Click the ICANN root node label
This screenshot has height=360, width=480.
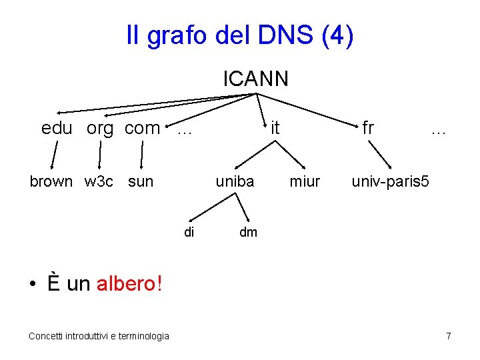tap(255, 79)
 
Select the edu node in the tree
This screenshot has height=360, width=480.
tap(57, 128)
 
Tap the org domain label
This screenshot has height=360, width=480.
tap(100, 129)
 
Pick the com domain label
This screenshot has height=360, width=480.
tap(142, 128)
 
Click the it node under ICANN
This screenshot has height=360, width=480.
tap(275, 127)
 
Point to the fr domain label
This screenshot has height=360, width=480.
tap(368, 127)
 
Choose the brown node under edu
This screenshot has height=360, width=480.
tap(51, 181)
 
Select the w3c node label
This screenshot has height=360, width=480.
tap(99, 181)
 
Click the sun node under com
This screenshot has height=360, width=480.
tap(141, 181)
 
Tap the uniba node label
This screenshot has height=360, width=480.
tap(235, 181)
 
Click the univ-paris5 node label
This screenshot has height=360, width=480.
tap(391, 181)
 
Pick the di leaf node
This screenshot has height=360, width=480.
tap(189, 232)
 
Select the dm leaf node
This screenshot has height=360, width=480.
tap(248, 232)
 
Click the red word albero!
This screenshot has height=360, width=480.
tap(129, 284)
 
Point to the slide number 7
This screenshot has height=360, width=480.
tap(449, 336)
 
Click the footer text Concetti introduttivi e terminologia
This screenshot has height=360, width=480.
tap(99, 336)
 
